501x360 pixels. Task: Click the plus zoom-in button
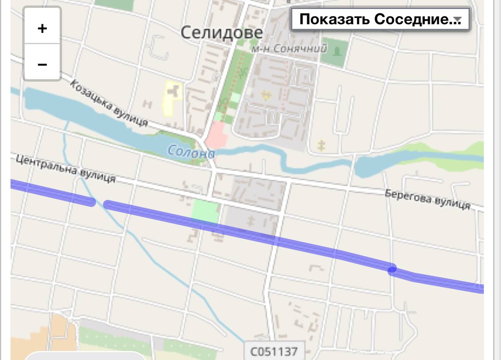42,28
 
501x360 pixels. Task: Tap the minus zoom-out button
42,64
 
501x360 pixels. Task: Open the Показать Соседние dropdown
380,19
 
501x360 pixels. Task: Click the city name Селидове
222,33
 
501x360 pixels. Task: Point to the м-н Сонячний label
288,49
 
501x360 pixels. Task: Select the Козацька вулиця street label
110,103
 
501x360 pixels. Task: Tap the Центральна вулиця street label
66,169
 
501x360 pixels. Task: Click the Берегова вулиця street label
427,199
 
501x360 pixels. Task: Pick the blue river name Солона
191,152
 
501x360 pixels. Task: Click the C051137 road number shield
274,351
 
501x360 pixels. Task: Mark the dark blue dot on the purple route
392,269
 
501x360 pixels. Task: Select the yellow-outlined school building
172,98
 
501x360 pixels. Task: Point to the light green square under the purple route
205,212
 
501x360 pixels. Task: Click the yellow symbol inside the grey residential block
266,95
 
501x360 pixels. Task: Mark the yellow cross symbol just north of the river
321,146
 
